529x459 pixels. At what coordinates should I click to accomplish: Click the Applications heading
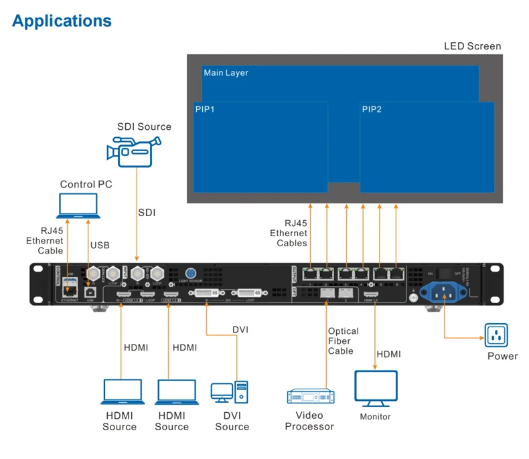point(62,21)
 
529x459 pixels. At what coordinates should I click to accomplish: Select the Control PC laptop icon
point(78,206)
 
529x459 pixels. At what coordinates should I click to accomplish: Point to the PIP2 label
point(372,110)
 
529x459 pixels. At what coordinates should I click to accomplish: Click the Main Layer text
point(226,73)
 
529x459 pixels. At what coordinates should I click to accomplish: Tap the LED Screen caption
point(472,46)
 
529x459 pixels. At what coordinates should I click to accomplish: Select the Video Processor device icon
point(310,397)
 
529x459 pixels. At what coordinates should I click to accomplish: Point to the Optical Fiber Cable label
point(343,341)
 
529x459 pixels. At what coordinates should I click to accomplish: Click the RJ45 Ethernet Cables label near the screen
point(289,234)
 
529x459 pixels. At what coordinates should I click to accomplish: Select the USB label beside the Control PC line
point(99,246)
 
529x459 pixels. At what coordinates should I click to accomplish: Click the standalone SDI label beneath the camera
point(147,213)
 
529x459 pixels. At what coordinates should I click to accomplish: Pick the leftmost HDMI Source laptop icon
point(121,392)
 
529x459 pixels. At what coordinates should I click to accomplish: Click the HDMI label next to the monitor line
point(389,353)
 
